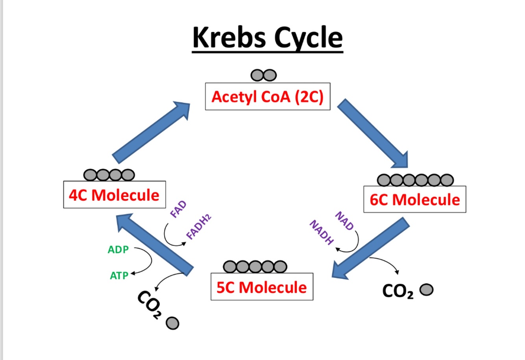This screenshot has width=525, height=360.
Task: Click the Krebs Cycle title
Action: [267, 38]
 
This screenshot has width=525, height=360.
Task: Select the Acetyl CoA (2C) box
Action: [268, 96]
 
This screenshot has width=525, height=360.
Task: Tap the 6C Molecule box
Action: [414, 199]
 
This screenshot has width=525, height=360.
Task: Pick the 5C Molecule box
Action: [262, 287]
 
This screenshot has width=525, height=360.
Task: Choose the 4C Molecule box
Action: [115, 195]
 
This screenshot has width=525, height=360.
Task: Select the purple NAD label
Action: [344, 221]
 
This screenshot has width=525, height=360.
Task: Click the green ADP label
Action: [118, 249]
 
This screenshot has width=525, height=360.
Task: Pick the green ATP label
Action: [119, 275]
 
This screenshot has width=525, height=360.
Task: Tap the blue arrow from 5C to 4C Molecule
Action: [155, 244]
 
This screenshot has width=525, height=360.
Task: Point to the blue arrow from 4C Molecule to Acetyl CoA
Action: [152, 132]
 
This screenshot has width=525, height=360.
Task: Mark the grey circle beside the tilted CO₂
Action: [172, 323]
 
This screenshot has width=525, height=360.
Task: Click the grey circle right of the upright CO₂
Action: [427, 290]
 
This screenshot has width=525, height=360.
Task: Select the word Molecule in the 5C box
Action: [273, 287]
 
